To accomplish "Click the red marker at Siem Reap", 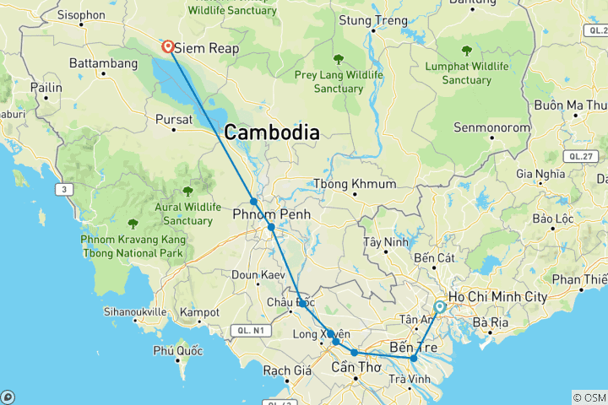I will [168, 47].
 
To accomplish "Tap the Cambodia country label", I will [272, 132].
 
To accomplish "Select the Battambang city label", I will [103, 63].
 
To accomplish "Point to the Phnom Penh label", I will [271, 215].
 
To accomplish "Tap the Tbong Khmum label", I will [355, 184].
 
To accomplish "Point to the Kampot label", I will [199, 312].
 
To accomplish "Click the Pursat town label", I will [174, 120].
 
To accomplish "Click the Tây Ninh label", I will [385, 241].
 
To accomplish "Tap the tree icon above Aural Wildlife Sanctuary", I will [187, 191].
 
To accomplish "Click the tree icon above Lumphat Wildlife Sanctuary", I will [467, 51].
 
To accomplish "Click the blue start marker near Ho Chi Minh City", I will [439, 307].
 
